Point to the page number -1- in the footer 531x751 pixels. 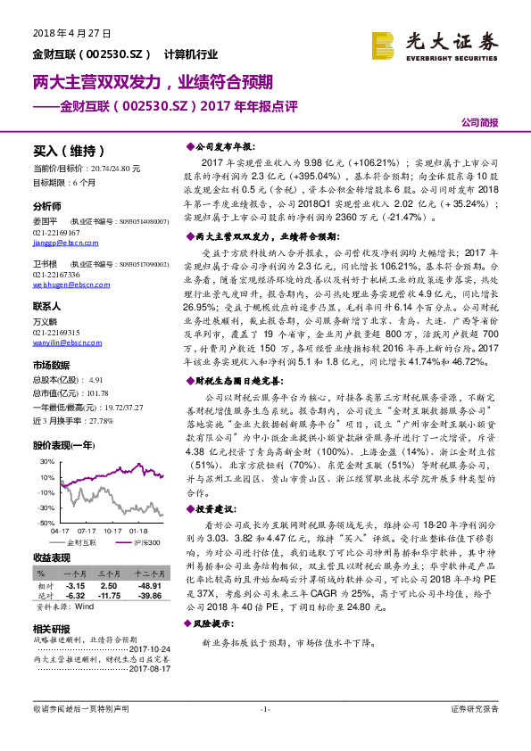tap(265, 709)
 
